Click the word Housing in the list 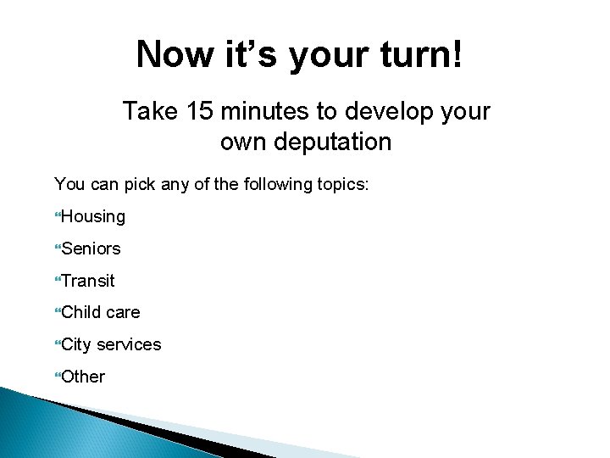93,217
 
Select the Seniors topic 91,249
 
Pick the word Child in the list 80,312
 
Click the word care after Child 123,313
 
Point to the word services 129,344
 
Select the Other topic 83,377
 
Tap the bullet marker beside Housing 58,217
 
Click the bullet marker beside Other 58,377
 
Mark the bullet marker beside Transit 58,281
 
